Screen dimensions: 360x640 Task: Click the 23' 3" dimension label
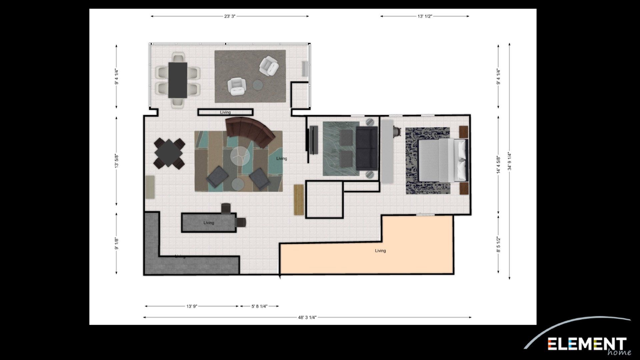click(230, 16)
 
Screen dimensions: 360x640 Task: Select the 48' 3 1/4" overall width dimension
click(307, 318)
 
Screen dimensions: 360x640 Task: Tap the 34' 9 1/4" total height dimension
click(509, 161)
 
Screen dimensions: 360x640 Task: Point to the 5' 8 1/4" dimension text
click(259, 306)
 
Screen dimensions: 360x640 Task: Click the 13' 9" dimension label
click(192, 306)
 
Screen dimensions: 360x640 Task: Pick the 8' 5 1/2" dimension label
click(498, 245)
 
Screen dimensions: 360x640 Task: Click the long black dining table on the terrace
click(177, 80)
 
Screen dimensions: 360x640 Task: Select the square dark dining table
click(169, 154)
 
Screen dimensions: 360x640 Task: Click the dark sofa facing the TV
click(367, 148)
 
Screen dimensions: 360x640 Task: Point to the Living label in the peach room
click(380, 251)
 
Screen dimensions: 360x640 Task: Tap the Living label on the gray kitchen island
click(209, 223)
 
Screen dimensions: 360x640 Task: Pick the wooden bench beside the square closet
click(298, 200)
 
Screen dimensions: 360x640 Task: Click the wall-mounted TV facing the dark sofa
click(313, 140)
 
